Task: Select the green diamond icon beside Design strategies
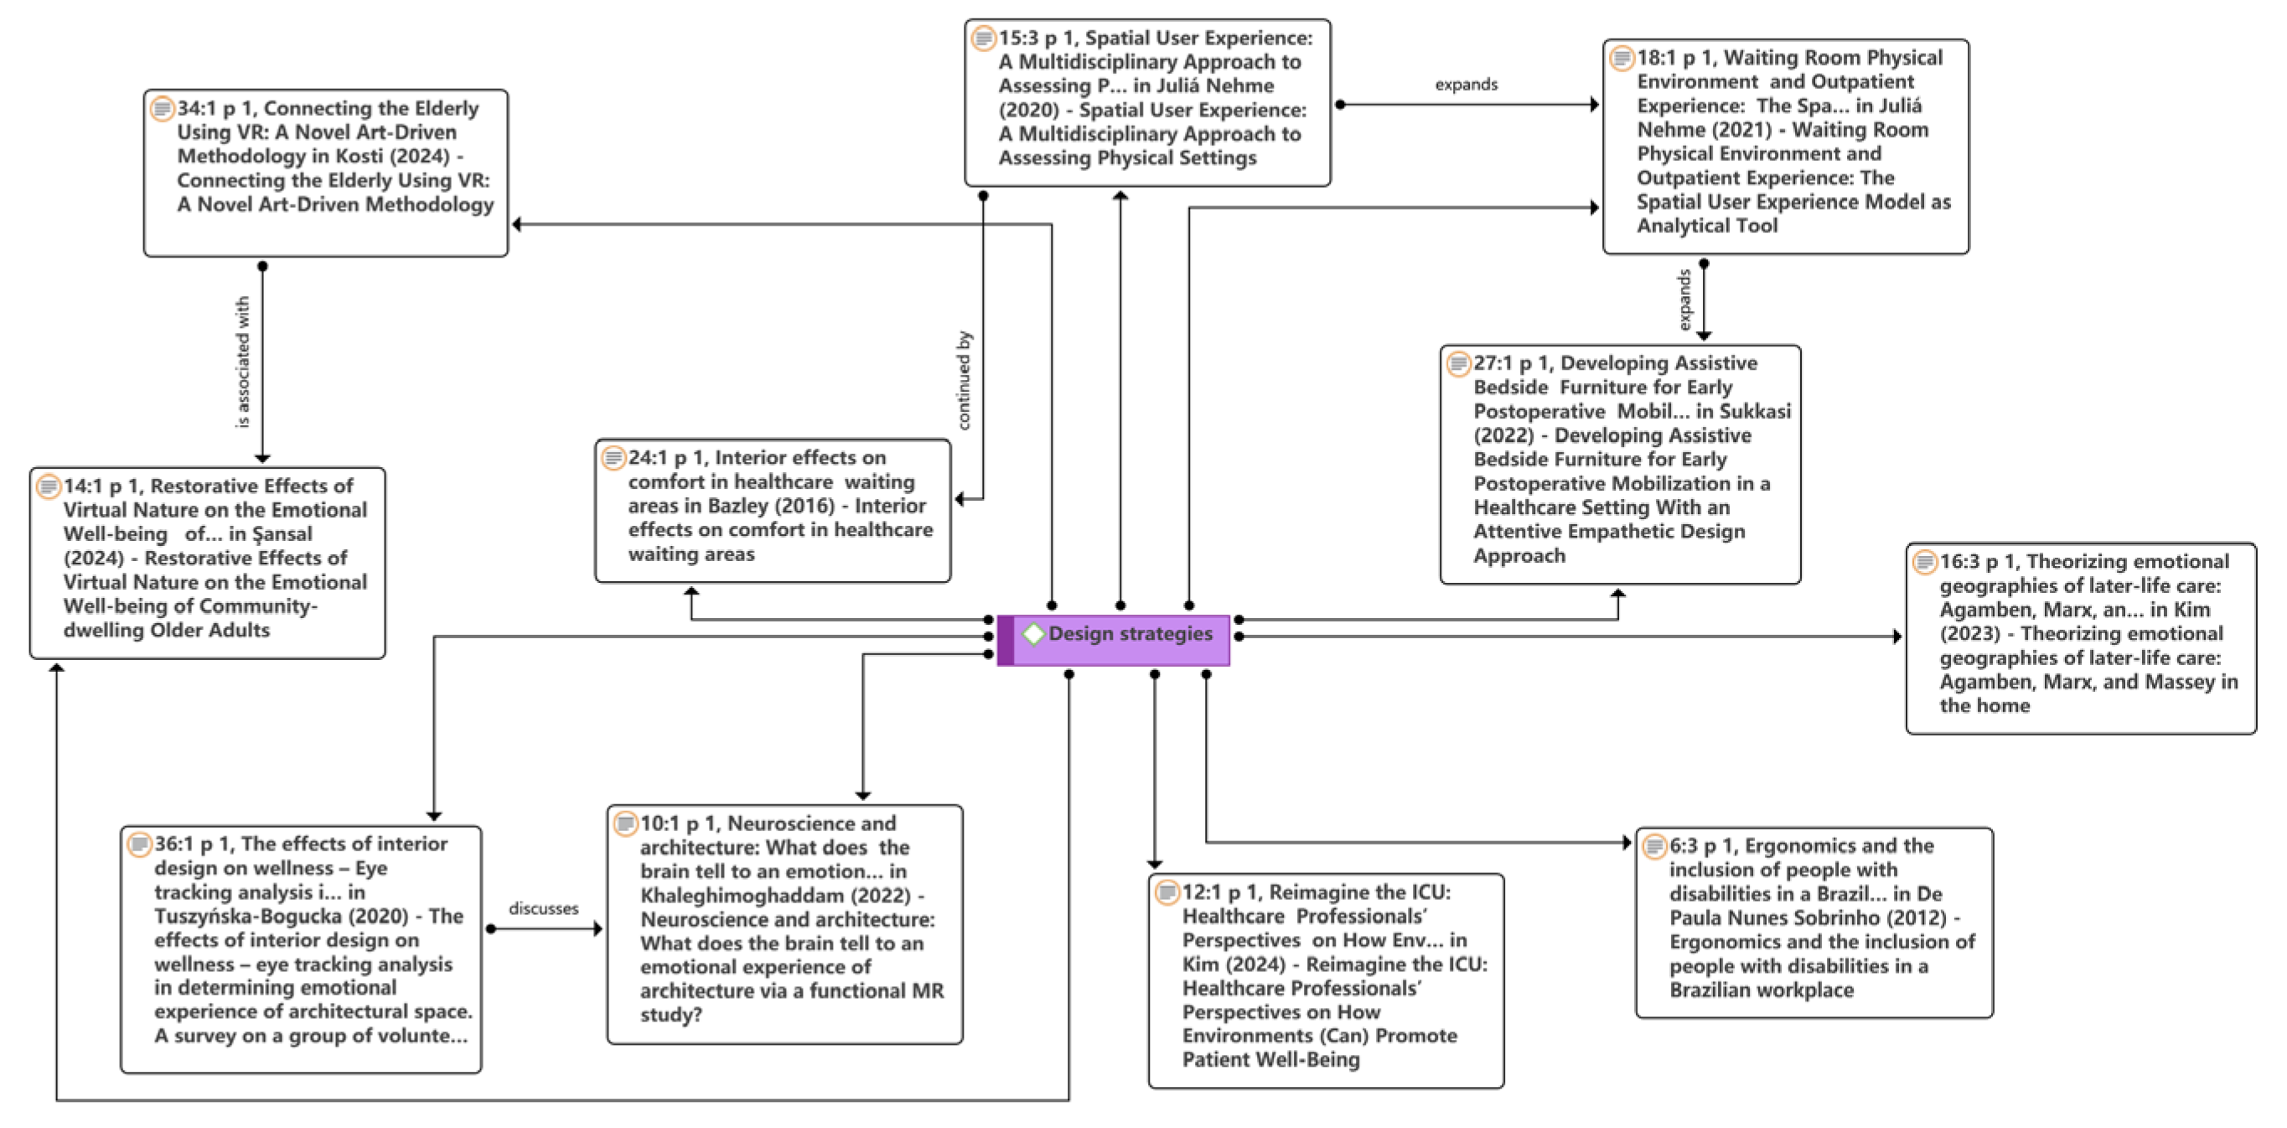(1032, 634)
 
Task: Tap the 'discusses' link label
(543, 908)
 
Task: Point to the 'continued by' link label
(965, 380)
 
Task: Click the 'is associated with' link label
(242, 362)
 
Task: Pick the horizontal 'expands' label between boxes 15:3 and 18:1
(1466, 85)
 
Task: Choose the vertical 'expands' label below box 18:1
(1684, 300)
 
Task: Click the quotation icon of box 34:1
(162, 108)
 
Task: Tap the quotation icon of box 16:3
(1924, 561)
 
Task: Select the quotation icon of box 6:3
(1654, 845)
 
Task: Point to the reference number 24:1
(647, 457)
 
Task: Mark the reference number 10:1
(660, 824)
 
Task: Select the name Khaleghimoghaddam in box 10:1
(731, 896)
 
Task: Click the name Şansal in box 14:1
(282, 533)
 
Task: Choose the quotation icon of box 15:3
(983, 39)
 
